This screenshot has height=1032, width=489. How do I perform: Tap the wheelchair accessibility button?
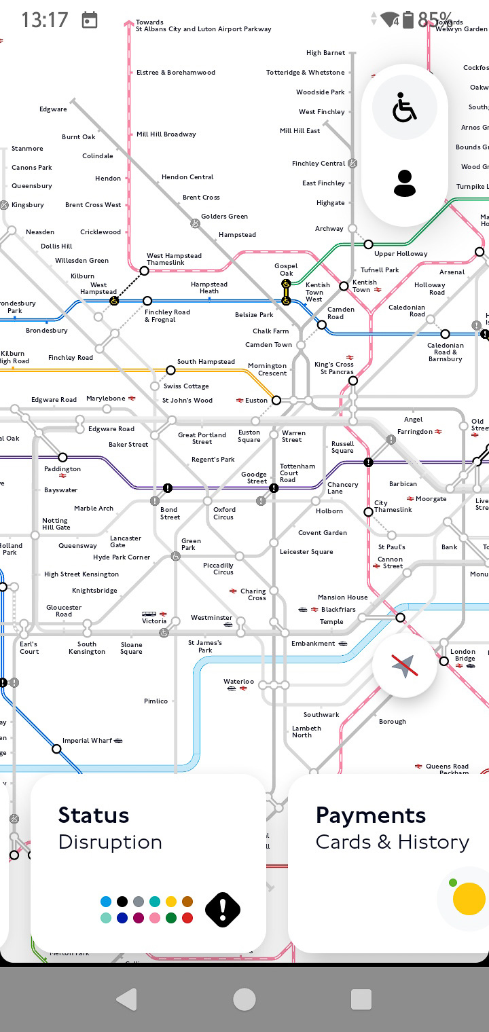(x=405, y=109)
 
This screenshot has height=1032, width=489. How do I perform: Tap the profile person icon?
(x=405, y=183)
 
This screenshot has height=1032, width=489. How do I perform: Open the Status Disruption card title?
(x=94, y=815)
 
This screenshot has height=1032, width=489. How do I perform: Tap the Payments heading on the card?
(x=371, y=815)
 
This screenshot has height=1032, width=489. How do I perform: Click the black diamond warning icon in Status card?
(x=223, y=909)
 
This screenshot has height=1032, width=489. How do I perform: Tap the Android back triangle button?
(x=126, y=999)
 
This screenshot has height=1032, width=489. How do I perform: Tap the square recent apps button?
(x=361, y=999)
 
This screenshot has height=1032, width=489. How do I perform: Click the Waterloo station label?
(x=238, y=682)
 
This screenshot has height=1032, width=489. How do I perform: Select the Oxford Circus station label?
(x=224, y=513)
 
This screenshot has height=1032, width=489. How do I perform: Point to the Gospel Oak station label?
(x=286, y=270)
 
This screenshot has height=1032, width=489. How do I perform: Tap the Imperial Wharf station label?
(x=87, y=741)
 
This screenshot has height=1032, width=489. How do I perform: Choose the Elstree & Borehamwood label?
(x=176, y=73)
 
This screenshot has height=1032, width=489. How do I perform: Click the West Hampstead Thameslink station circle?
(x=144, y=271)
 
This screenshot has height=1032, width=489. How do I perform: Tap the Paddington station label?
(x=62, y=469)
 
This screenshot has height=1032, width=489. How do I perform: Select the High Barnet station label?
(x=325, y=53)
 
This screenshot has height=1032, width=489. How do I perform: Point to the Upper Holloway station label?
(x=401, y=254)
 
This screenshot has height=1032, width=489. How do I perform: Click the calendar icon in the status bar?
(x=90, y=20)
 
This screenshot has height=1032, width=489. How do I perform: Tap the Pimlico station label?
(x=156, y=701)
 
